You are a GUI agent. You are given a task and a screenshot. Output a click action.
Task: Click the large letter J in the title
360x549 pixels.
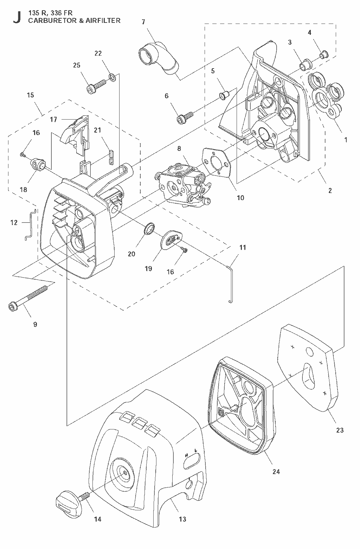[x=17, y=17]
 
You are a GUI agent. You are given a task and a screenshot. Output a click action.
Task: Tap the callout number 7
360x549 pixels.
[x=143, y=22]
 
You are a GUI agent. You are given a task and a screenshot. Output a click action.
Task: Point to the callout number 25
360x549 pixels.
[x=77, y=65]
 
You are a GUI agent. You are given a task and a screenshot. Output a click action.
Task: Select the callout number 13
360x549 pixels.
[x=182, y=519]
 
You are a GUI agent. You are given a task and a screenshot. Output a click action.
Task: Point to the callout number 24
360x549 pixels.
[x=276, y=471]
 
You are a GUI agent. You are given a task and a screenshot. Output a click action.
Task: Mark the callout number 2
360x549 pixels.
[x=330, y=190]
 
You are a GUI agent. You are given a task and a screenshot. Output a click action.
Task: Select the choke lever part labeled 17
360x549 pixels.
[x=75, y=135]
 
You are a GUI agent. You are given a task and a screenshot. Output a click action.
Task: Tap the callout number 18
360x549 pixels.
[x=24, y=190]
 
